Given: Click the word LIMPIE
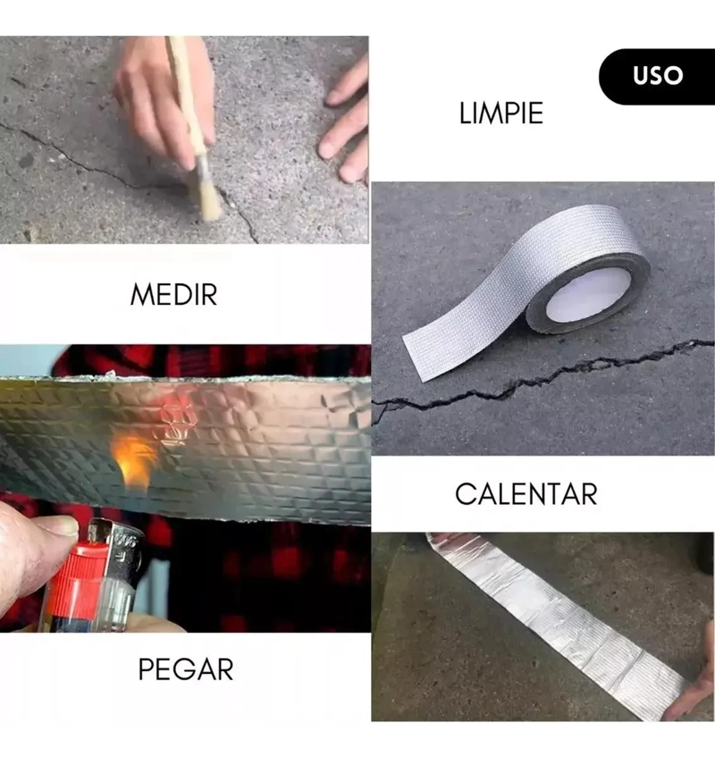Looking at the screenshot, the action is click(501, 114).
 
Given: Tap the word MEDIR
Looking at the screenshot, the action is click(173, 295).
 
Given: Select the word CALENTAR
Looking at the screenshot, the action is click(526, 494).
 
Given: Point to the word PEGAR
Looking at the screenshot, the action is click(186, 669).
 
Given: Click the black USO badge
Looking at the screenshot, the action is click(658, 76).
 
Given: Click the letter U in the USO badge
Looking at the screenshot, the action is click(641, 76).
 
